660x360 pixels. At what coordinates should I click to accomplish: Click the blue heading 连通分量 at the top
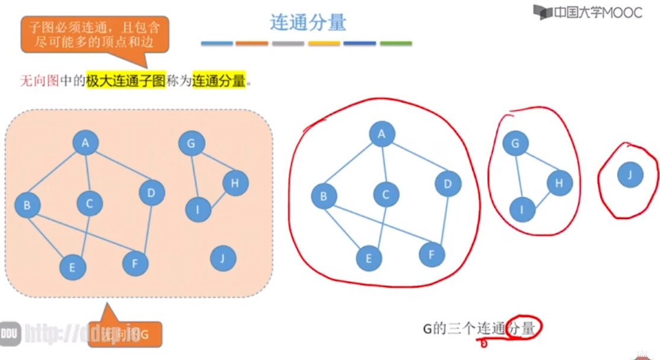(x=308, y=22)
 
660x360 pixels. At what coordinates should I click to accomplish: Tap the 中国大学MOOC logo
(x=587, y=12)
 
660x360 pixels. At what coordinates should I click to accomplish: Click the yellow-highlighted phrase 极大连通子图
(x=125, y=81)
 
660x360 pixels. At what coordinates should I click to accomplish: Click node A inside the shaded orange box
(x=85, y=143)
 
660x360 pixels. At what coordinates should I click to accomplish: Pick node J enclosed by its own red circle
(x=630, y=175)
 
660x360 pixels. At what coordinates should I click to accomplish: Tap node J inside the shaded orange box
(x=224, y=258)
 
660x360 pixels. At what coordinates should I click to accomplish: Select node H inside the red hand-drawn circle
(x=559, y=183)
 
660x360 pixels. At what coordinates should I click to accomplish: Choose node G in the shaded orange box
(x=192, y=144)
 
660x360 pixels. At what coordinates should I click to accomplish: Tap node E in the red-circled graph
(x=369, y=258)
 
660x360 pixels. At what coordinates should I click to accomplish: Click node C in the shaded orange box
(x=90, y=204)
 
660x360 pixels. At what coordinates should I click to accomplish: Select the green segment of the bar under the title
(x=396, y=43)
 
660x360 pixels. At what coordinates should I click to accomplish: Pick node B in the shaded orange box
(x=27, y=206)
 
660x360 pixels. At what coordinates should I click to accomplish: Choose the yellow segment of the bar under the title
(x=324, y=43)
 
